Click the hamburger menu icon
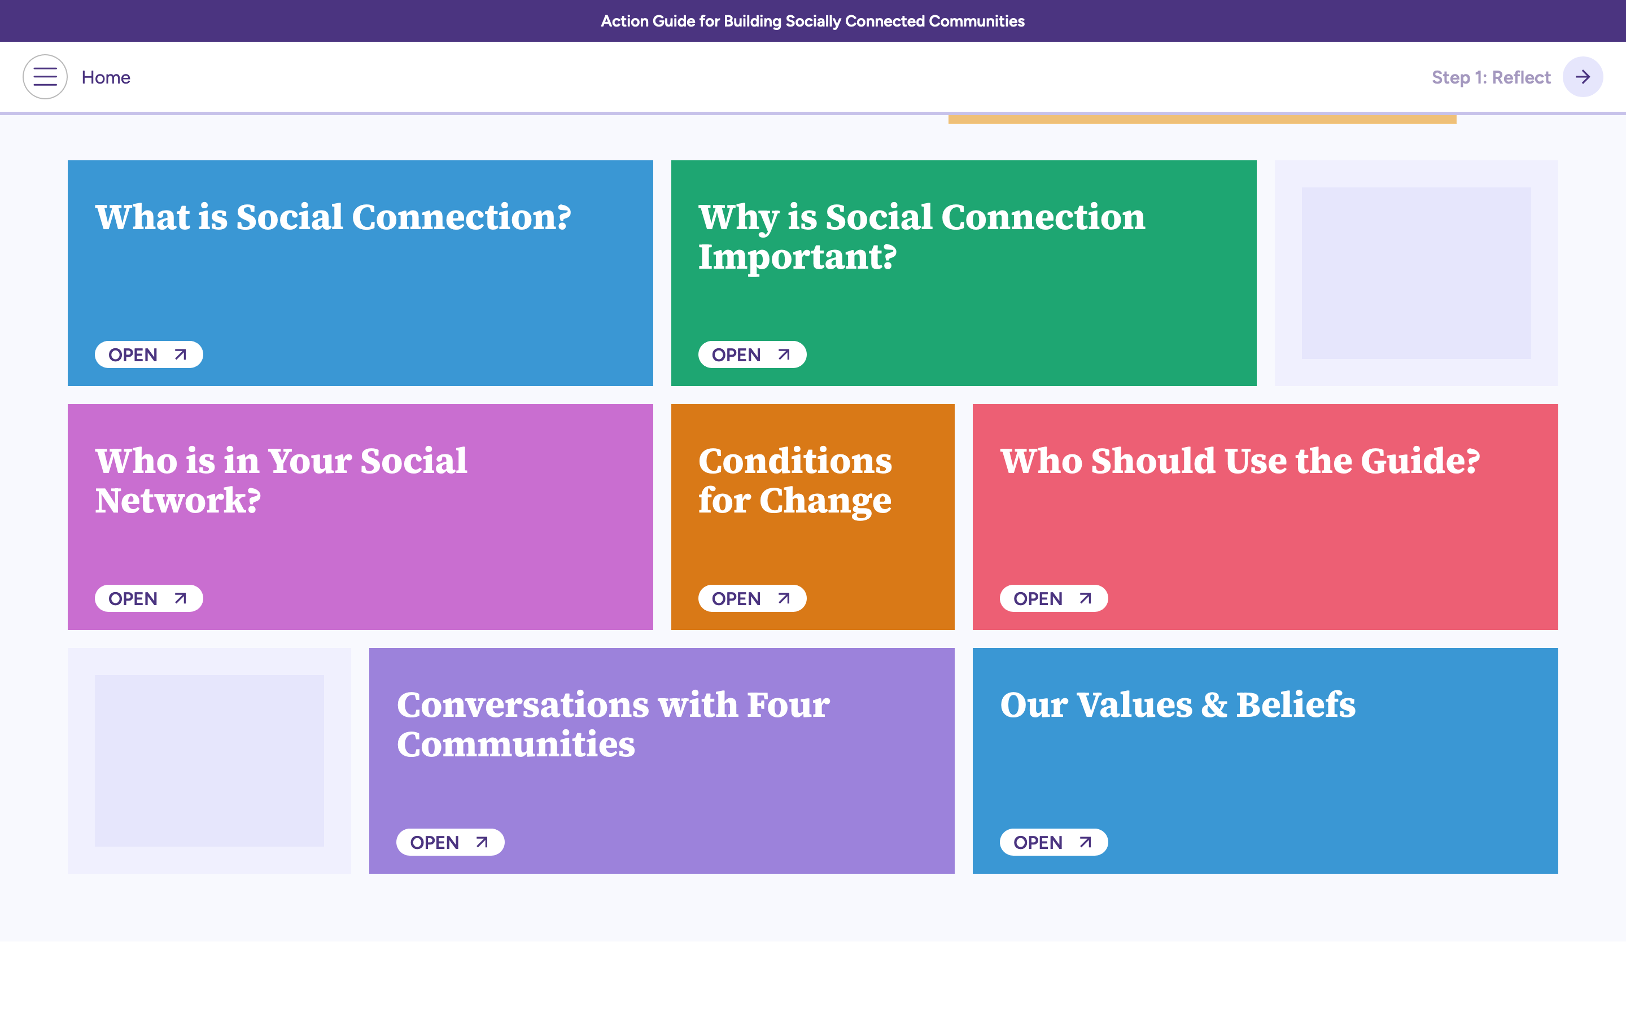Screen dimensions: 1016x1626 tap(45, 77)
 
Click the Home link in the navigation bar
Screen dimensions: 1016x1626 tap(106, 78)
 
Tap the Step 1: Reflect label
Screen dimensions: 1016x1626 tap(1490, 78)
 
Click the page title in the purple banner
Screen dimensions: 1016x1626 tap(812, 21)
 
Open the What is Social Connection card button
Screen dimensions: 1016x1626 tap(148, 355)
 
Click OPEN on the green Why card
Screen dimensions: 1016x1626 tap(752, 355)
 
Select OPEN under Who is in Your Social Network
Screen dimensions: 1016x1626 tap(148, 599)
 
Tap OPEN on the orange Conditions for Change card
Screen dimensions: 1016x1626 tap(752, 599)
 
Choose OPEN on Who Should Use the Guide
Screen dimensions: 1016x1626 tap(1054, 599)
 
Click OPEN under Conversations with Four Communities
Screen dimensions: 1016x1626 tap(450, 843)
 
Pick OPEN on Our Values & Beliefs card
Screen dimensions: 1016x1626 tap(1054, 843)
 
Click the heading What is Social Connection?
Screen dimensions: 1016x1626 tap(333, 218)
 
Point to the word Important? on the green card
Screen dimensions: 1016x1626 tap(797, 257)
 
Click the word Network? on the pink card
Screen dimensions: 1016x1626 tap(177, 501)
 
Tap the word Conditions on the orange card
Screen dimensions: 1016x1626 tap(795, 462)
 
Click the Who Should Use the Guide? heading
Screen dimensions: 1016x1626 tap(1240, 462)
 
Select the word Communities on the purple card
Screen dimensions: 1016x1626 tap(515, 745)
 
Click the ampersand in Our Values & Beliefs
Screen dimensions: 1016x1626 tap(1214, 706)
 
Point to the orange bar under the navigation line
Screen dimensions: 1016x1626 tap(1202, 120)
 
